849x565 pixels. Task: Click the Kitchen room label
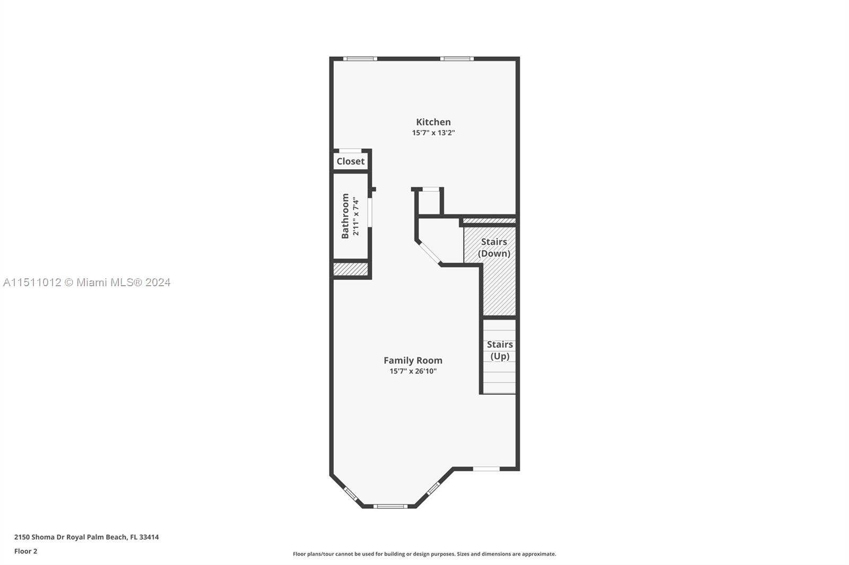[433, 122]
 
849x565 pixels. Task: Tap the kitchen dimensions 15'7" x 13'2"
[433, 133]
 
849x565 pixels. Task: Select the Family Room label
[413, 360]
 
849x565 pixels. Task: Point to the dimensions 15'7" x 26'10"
[413, 370]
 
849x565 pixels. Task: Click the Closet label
[350, 161]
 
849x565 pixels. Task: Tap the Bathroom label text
[345, 216]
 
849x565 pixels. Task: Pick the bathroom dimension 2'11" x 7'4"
[356, 216]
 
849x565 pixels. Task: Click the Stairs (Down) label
[494, 248]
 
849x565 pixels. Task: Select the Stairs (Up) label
[499, 350]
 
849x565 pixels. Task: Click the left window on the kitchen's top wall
[360, 59]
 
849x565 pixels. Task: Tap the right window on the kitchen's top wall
[457, 59]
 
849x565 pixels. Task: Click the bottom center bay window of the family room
[391, 506]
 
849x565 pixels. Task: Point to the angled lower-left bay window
[351, 494]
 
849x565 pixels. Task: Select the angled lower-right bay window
[433, 488]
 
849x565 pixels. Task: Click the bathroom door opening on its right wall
[370, 213]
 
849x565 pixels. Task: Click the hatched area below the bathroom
[351, 269]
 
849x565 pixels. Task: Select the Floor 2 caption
[26, 551]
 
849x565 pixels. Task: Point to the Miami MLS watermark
[87, 282]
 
